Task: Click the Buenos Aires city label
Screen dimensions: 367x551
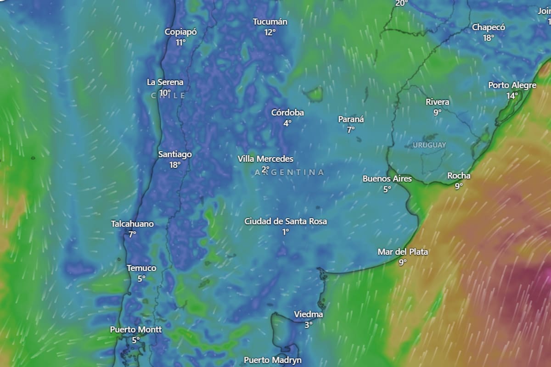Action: (387, 178)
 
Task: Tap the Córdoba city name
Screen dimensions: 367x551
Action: (287, 112)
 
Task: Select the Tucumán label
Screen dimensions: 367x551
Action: (270, 22)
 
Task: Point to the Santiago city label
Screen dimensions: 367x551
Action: (175, 154)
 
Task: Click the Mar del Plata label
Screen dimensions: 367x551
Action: (403, 252)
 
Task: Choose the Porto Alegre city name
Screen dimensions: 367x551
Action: (512, 85)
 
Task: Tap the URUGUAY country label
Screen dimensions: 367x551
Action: (429, 145)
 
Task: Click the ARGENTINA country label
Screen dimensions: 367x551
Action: (289, 172)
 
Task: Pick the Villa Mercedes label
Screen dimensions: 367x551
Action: (265, 159)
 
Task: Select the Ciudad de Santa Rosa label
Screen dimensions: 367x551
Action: (286, 221)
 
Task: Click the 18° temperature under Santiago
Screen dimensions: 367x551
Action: (175, 165)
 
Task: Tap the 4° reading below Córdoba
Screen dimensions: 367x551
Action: (287, 123)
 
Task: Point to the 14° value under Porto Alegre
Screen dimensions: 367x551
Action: (512, 96)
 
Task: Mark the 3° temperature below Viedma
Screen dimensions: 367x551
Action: (309, 325)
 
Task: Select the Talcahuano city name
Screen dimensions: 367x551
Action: (132, 224)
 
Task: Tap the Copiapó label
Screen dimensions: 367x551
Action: (181, 32)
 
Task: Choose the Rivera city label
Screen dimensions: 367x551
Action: (437, 102)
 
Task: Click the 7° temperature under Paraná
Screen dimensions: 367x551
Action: (351, 130)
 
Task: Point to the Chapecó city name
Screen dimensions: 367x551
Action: (489, 28)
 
